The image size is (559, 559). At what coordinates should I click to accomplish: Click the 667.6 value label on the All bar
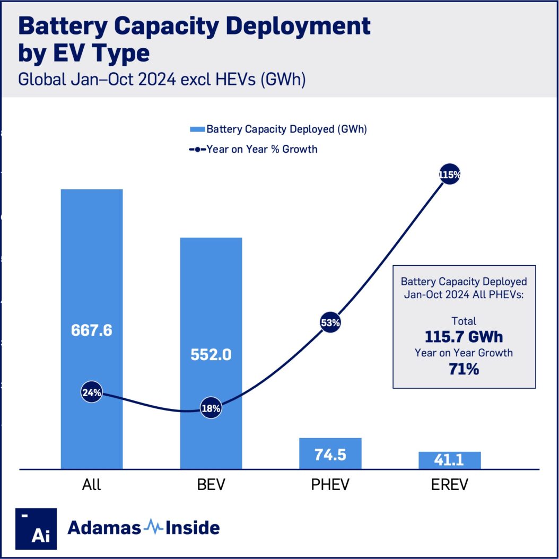tap(91, 330)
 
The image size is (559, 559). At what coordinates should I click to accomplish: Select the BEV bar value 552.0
tap(211, 354)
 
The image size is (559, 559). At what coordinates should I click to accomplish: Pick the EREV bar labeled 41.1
tap(449, 460)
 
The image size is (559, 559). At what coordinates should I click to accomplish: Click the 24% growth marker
tap(91, 393)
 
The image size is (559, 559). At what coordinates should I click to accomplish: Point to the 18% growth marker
tap(211, 408)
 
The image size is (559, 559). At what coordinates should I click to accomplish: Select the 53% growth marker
tap(330, 322)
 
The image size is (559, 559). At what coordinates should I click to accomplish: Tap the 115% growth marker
tap(449, 174)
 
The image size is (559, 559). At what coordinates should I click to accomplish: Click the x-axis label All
tap(91, 485)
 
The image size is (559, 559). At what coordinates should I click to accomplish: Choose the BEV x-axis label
tap(211, 485)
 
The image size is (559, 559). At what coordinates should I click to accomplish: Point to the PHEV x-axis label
tap(330, 485)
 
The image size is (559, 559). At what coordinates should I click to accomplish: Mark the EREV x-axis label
tap(449, 485)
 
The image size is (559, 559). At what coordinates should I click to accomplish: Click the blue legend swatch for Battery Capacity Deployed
tap(197, 129)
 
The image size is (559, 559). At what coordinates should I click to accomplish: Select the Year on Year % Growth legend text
tap(262, 149)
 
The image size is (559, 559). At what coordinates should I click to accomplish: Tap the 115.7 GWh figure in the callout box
tap(464, 337)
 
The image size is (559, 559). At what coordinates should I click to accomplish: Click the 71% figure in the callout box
tap(464, 369)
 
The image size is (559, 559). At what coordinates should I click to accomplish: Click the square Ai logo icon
tap(36, 528)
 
